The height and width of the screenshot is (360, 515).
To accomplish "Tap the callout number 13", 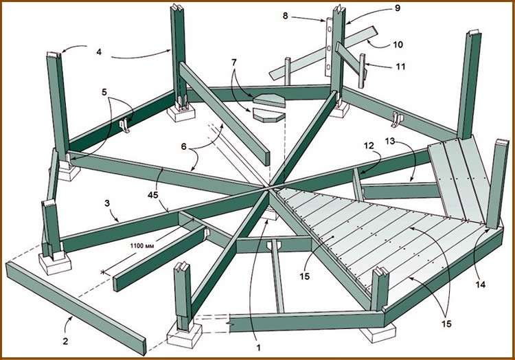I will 410,141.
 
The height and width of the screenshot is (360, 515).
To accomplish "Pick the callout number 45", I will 164,195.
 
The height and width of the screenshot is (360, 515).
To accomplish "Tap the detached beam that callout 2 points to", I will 76,298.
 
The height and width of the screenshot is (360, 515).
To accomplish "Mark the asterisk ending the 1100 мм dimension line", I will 104,273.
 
